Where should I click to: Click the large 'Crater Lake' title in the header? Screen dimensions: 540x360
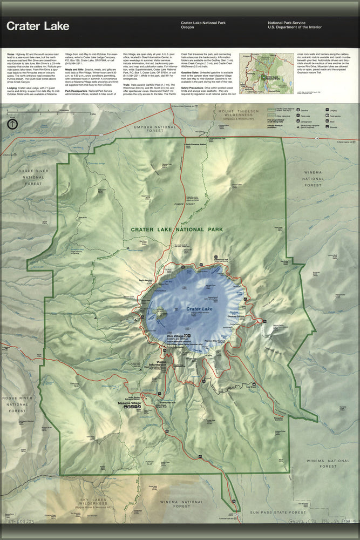point(38,26)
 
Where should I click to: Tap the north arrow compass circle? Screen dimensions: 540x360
point(12,124)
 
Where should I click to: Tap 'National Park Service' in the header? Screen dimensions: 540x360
point(287,23)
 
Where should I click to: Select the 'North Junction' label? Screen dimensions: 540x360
point(145,280)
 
